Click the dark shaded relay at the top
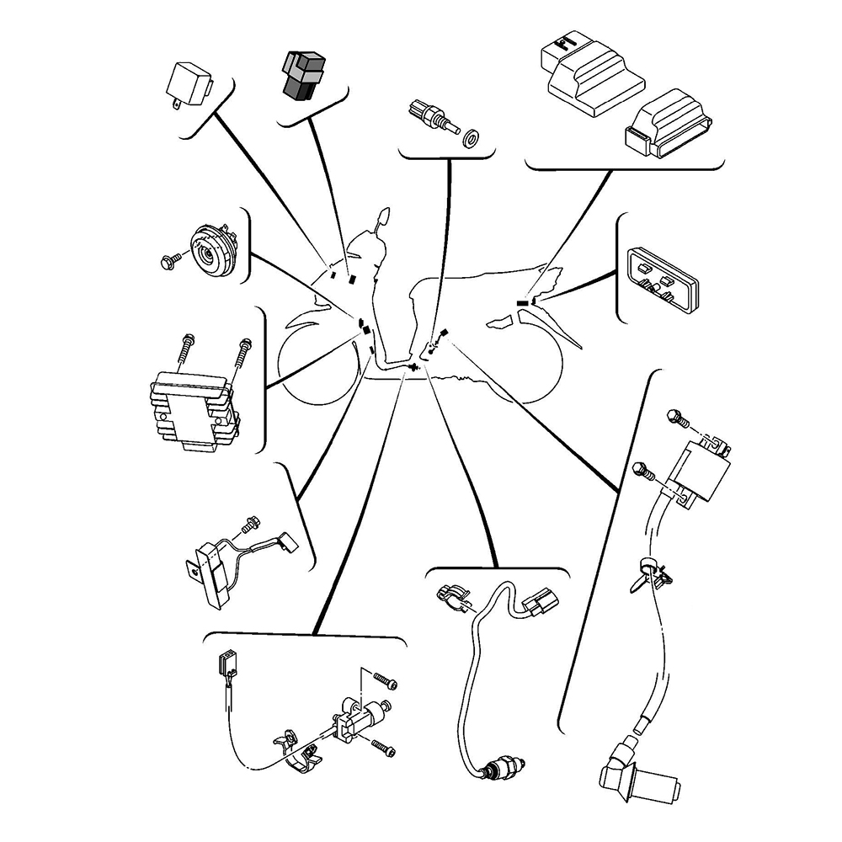point(304,74)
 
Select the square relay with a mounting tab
point(191,83)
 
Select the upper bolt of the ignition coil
point(676,416)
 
